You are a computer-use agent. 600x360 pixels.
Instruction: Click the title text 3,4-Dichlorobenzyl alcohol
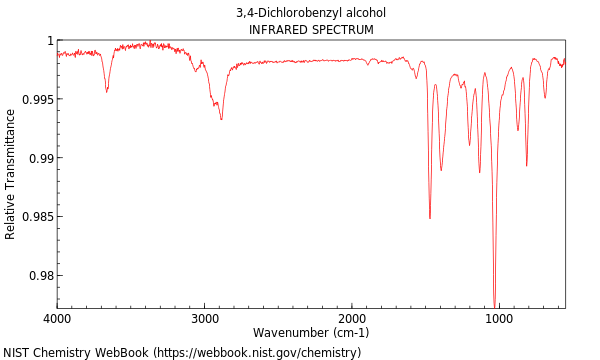[311, 13]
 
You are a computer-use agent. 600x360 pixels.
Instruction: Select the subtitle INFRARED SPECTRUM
[311, 30]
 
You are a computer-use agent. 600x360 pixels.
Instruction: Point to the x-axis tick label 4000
[57, 319]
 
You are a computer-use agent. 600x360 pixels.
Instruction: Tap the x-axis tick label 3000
[204, 319]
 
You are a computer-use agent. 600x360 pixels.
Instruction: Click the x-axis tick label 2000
[352, 319]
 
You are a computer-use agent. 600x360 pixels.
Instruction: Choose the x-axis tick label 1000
[499, 319]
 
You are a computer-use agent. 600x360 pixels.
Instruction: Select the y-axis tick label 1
[48, 41]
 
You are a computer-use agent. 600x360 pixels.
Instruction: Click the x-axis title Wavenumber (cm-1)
[311, 333]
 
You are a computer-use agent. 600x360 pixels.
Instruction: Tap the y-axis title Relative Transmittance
[11, 174]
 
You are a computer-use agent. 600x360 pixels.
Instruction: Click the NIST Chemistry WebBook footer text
[182, 352]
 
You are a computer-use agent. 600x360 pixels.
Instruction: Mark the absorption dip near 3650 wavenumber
[107, 91]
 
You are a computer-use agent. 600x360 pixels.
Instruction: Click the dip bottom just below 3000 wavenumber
[221, 119]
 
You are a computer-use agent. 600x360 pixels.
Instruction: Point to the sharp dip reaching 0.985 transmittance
[430, 218]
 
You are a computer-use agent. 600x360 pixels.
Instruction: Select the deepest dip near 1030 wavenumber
[494, 304]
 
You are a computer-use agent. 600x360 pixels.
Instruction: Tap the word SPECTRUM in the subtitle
[342, 30]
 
